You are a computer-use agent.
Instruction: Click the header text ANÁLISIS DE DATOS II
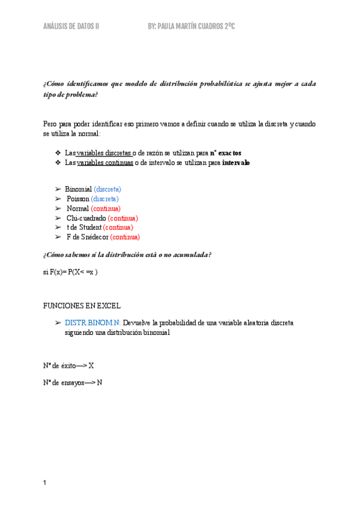point(71,27)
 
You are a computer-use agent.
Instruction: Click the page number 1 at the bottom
point(45,483)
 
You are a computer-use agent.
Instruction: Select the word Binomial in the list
point(79,189)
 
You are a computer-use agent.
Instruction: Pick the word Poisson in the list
point(78,199)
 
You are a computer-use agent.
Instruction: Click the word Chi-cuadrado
point(86,218)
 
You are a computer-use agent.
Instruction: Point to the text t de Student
point(84,227)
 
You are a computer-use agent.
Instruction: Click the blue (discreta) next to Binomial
point(107,189)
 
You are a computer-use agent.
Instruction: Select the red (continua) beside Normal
point(106,208)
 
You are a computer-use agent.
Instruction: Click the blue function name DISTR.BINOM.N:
point(92,322)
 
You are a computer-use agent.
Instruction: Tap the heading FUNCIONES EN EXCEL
point(82,306)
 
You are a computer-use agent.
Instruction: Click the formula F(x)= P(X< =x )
point(74,272)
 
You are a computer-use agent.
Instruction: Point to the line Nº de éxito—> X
point(68,365)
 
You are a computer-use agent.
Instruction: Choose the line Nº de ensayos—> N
point(73,382)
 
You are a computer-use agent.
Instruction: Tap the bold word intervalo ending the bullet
point(236,163)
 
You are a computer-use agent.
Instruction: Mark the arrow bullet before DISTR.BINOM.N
point(58,322)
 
